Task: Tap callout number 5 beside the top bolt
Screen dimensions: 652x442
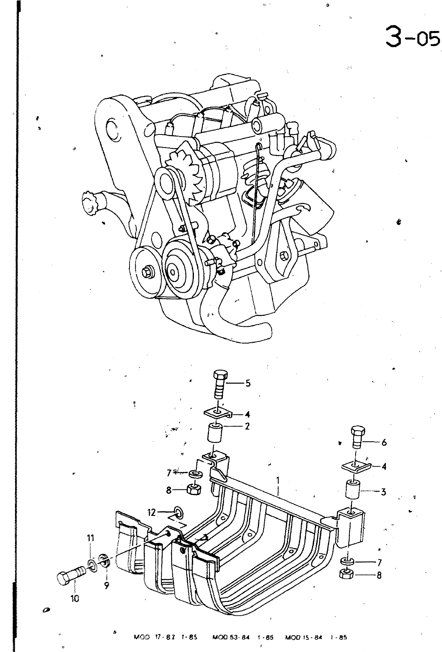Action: (x=248, y=383)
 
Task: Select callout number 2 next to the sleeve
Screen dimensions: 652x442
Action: (x=247, y=427)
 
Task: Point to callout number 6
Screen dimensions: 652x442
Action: (x=384, y=442)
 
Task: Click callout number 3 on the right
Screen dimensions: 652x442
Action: (x=383, y=492)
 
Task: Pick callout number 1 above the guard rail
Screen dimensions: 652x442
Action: (x=278, y=480)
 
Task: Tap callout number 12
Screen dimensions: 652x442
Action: (x=152, y=512)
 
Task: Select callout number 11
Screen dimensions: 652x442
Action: (x=90, y=538)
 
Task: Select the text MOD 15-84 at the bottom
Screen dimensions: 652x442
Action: (x=303, y=637)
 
